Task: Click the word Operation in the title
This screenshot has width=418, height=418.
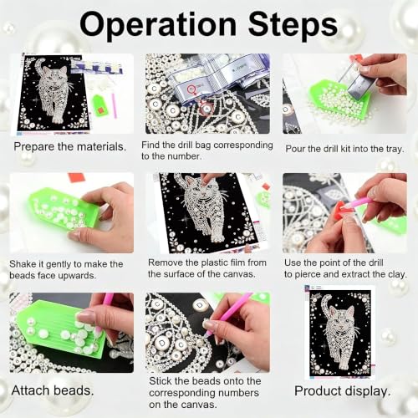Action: [158, 25]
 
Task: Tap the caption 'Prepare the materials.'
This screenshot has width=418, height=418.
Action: [69, 147]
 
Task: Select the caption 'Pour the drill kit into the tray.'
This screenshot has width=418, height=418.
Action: [344, 149]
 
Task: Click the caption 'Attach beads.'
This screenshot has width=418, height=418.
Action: [53, 390]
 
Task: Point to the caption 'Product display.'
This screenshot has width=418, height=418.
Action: [343, 391]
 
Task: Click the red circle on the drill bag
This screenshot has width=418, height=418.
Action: [192, 89]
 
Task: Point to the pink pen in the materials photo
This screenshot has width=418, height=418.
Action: [114, 105]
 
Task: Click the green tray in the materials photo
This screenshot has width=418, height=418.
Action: [98, 105]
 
